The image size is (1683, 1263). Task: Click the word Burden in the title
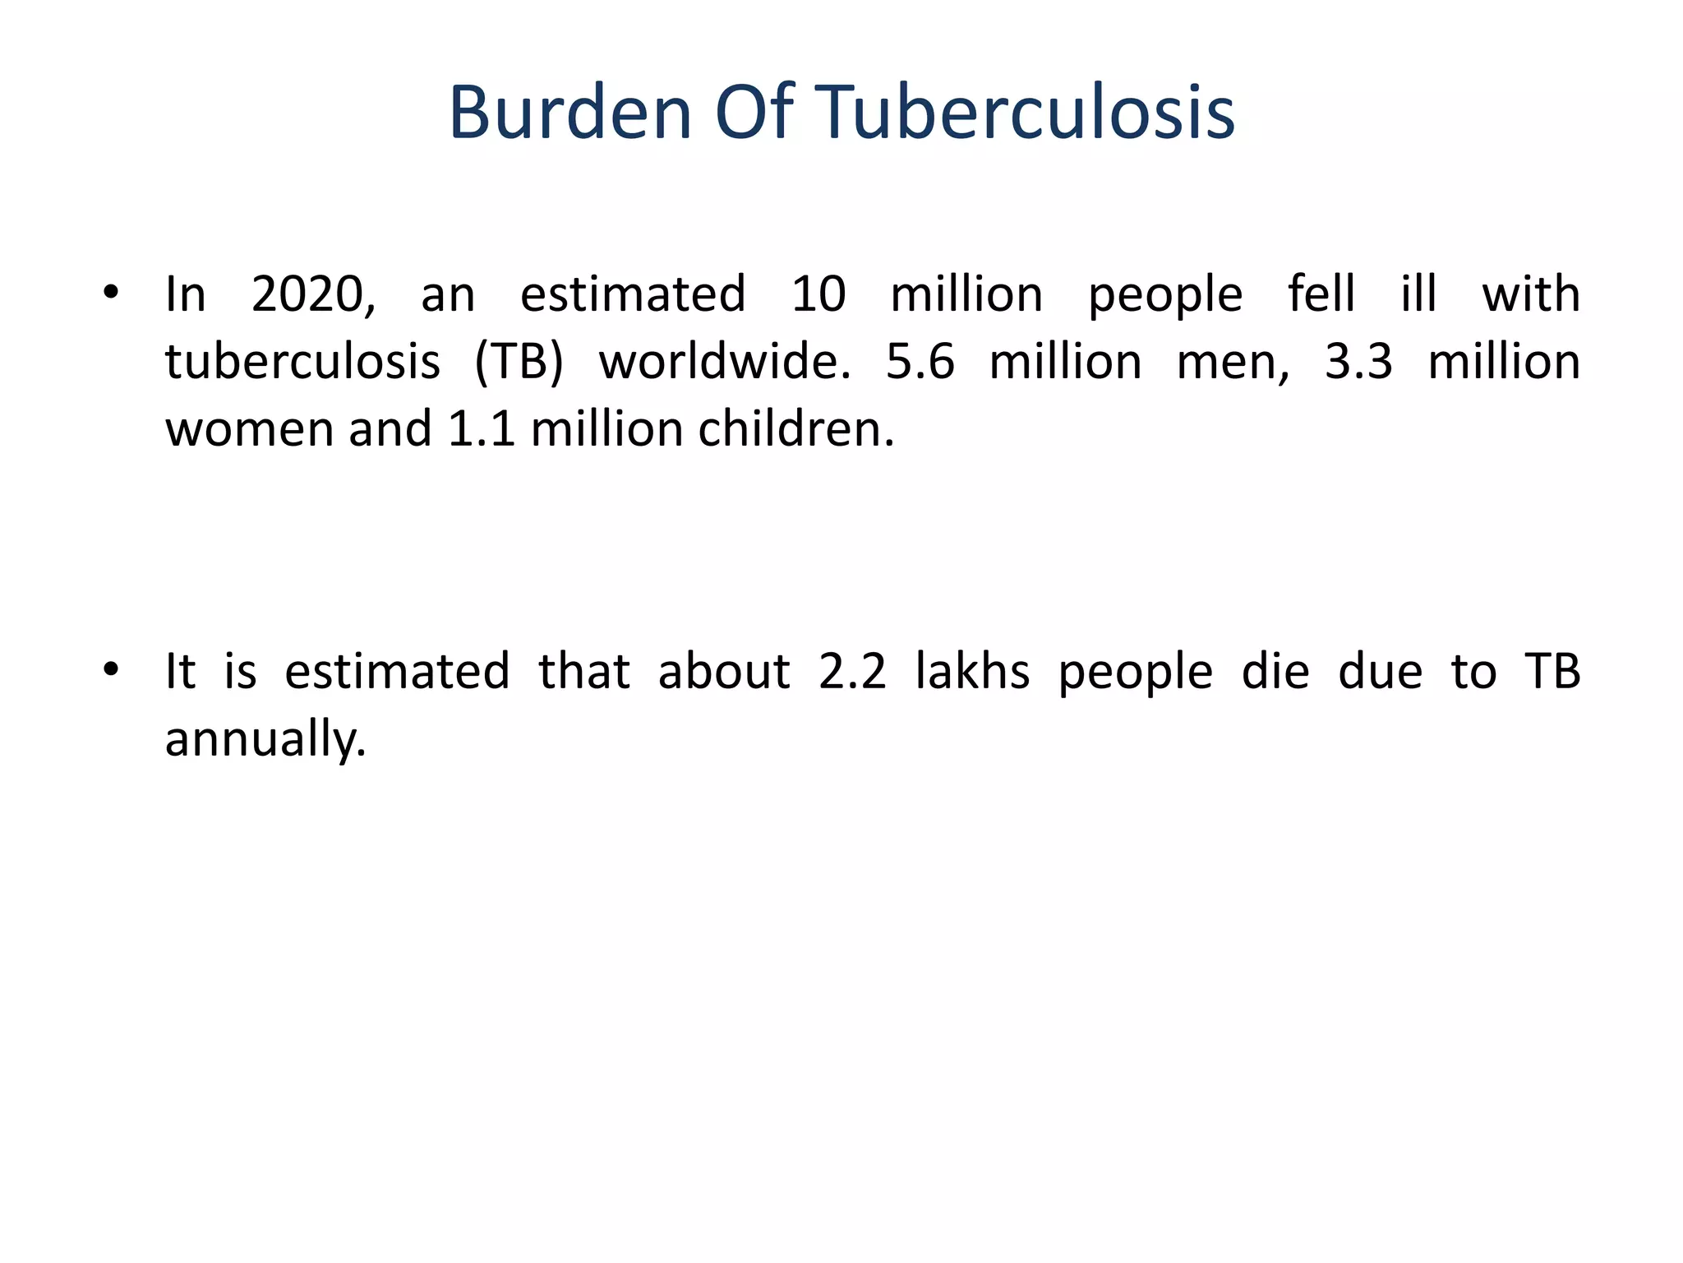point(569,113)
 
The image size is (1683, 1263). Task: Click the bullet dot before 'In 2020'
point(112,292)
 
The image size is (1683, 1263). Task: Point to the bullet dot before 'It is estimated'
point(112,669)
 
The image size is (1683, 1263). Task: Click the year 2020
point(312,294)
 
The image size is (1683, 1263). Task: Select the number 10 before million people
point(818,294)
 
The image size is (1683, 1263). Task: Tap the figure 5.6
point(920,362)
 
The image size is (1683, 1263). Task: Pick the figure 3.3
point(1358,362)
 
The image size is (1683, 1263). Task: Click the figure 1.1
point(482,429)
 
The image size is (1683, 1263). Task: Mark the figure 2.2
point(852,671)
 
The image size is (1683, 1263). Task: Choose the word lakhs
point(972,671)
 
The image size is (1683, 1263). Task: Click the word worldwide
point(724,362)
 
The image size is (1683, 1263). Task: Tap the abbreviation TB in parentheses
point(519,362)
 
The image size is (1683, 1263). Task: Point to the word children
point(795,429)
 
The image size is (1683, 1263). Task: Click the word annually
point(265,740)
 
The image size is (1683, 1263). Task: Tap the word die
point(1275,671)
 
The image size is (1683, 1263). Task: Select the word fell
point(1321,294)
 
